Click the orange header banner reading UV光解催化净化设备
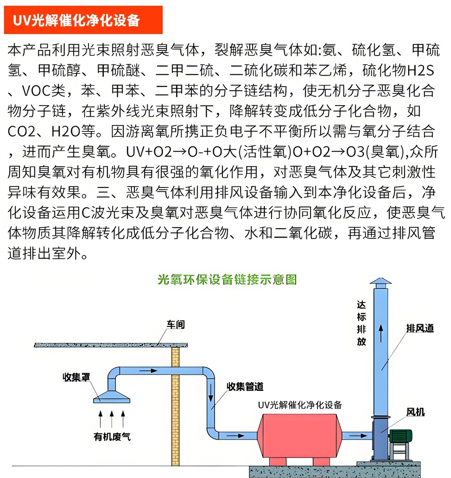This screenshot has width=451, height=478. [x=83, y=20]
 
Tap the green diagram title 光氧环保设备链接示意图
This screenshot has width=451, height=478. [x=227, y=279]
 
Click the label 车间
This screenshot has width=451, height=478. [x=176, y=325]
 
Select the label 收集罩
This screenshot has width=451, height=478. [x=76, y=377]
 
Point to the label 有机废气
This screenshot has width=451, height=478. [x=112, y=437]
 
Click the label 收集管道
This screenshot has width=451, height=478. [x=245, y=386]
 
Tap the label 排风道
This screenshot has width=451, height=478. [x=420, y=328]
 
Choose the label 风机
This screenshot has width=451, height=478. [x=415, y=412]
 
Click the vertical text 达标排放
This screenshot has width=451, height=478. [x=361, y=323]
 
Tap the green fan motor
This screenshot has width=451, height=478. [x=401, y=436]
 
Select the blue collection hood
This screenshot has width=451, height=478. [x=112, y=397]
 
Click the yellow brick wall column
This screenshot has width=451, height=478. [x=175, y=406]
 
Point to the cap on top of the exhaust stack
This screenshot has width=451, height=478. [x=381, y=283]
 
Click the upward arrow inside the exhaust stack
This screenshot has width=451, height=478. [x=381, y=333]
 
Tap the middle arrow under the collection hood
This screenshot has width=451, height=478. [x=112, y=419]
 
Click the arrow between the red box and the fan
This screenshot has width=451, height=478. [x=358, y=436]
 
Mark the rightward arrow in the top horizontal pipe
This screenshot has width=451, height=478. [x=148, y=371]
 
